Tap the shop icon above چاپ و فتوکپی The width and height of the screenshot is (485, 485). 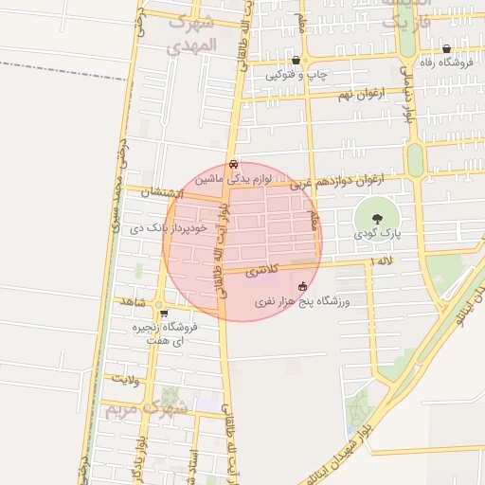tap(296, 59)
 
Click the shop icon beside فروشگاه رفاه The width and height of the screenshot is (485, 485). tap(446, 48)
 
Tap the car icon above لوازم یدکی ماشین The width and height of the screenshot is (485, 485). tap(233, 163)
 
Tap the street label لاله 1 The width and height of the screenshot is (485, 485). tap(382, 260)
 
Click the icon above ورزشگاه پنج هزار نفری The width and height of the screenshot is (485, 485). tap(302, 286)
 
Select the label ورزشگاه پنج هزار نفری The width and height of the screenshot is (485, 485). tap(302, 302)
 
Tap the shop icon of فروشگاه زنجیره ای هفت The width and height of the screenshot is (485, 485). tap(164, 314)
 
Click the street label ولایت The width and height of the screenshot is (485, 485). tap(125, 379)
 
